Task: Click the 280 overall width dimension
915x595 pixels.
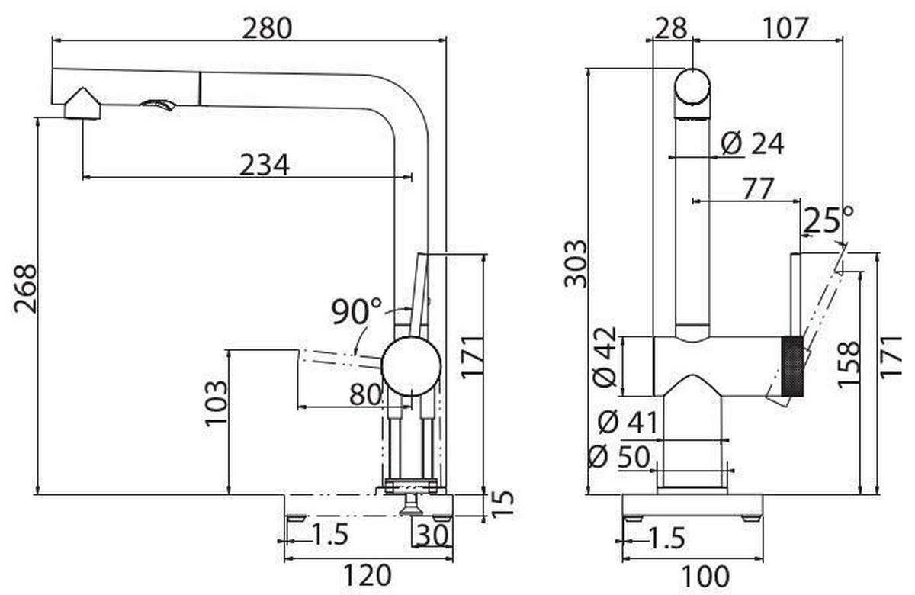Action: [x=267, y=28]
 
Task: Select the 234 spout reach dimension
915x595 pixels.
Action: [x=264, y=165]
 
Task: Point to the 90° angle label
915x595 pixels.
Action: [x=357, y=310]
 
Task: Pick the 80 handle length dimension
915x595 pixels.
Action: [x=365, y=394]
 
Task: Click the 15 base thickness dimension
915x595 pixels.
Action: [x=502, y=504]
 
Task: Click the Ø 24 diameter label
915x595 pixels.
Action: [x=752, y=143]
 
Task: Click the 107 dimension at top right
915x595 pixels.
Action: [x=784, y=28]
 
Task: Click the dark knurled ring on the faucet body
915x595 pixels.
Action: [x=791, y=366]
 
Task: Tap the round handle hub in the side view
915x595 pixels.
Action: [x=411, y=367]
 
